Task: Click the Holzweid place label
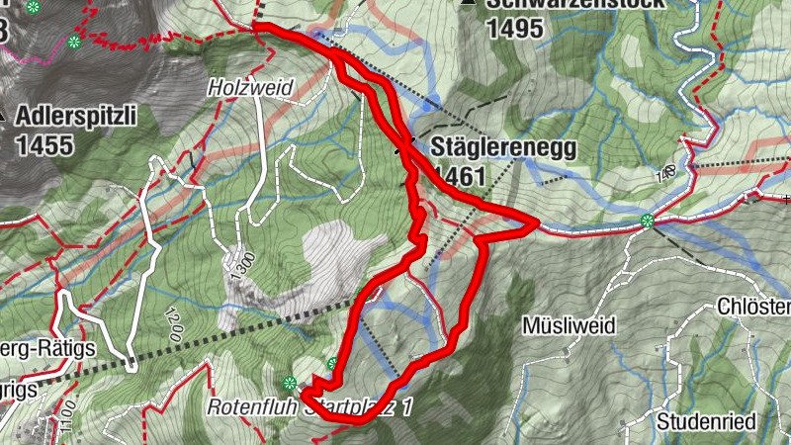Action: tap(251, 88)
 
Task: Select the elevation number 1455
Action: tap(44, 145)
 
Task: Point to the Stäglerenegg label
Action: tap(502, 149)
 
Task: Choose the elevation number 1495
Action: tap(514, 28)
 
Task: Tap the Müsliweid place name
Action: tap(569, 325)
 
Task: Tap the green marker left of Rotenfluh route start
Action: tap(290, 383)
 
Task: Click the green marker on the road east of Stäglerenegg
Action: tap(648, 221)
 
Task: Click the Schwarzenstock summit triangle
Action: tap(467, 3)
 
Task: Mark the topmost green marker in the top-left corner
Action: tap(34, 8)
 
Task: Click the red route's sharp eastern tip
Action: tap(537, 223)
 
